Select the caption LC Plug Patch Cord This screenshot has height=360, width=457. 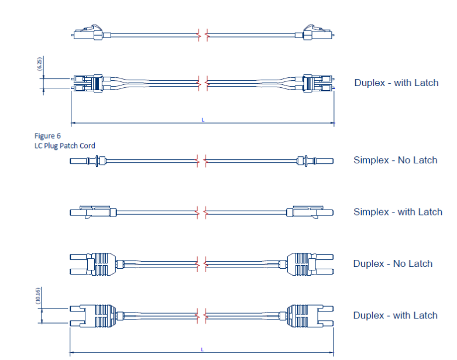(x=64, y=145)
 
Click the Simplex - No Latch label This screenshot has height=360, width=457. (x=395, y=160)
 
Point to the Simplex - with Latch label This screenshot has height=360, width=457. (x=397, y=212)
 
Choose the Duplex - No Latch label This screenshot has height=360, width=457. (x=393, y=263)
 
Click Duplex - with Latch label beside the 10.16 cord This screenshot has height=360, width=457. (x=395, y=316)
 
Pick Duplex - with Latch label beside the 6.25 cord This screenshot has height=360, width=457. (x=396, y=83)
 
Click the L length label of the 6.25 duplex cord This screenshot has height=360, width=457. (x=202, y=120)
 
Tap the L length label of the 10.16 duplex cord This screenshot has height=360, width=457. (x=202, y=349)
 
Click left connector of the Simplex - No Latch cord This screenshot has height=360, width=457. (x=88, y=160)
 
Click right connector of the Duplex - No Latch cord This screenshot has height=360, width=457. (x=310, y=263)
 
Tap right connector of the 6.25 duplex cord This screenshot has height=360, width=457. (x=316, y=83)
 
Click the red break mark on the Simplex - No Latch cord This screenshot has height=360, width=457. (x=202, y=160)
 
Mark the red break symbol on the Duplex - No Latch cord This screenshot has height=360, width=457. (x=202, y=263)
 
